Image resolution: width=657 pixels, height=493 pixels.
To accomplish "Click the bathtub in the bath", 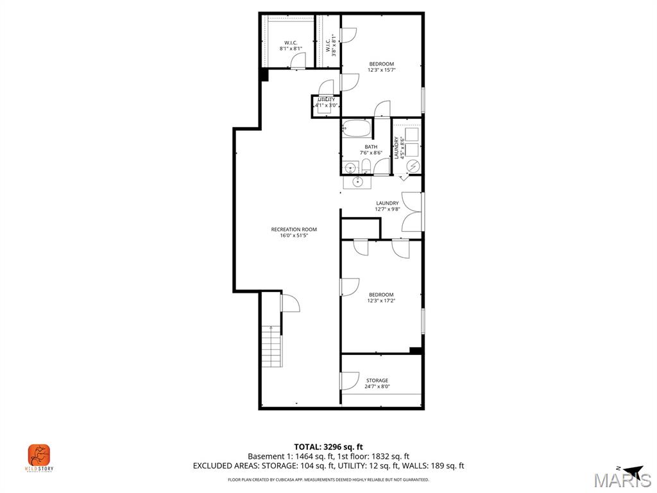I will (x=357, y=128).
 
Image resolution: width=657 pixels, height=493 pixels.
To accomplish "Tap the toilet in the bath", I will (x=366, y=168).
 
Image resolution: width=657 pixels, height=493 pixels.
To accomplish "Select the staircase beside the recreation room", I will (x=272, y=347).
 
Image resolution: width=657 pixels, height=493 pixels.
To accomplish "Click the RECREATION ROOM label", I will (x=294, y=229).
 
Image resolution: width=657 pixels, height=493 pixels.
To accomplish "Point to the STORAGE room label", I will (x=377, y=381).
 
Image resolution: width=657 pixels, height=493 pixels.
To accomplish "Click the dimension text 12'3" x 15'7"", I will (x=381, y=70).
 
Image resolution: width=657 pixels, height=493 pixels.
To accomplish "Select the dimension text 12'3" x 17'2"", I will (x=381, y=300).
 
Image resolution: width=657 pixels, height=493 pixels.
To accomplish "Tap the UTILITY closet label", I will (x=326, y=99).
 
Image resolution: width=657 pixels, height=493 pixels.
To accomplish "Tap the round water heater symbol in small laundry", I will (x=413, y=166).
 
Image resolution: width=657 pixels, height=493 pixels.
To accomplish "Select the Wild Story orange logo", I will (x=38, y=455).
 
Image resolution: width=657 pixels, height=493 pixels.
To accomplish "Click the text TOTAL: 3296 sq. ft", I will (x=328, y=447).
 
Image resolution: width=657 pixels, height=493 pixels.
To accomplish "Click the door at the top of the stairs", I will (x=290, y=303).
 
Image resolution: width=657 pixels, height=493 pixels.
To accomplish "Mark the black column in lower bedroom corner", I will (x=416, y=350).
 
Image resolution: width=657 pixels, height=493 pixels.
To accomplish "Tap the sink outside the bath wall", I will (x=353, y=182).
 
